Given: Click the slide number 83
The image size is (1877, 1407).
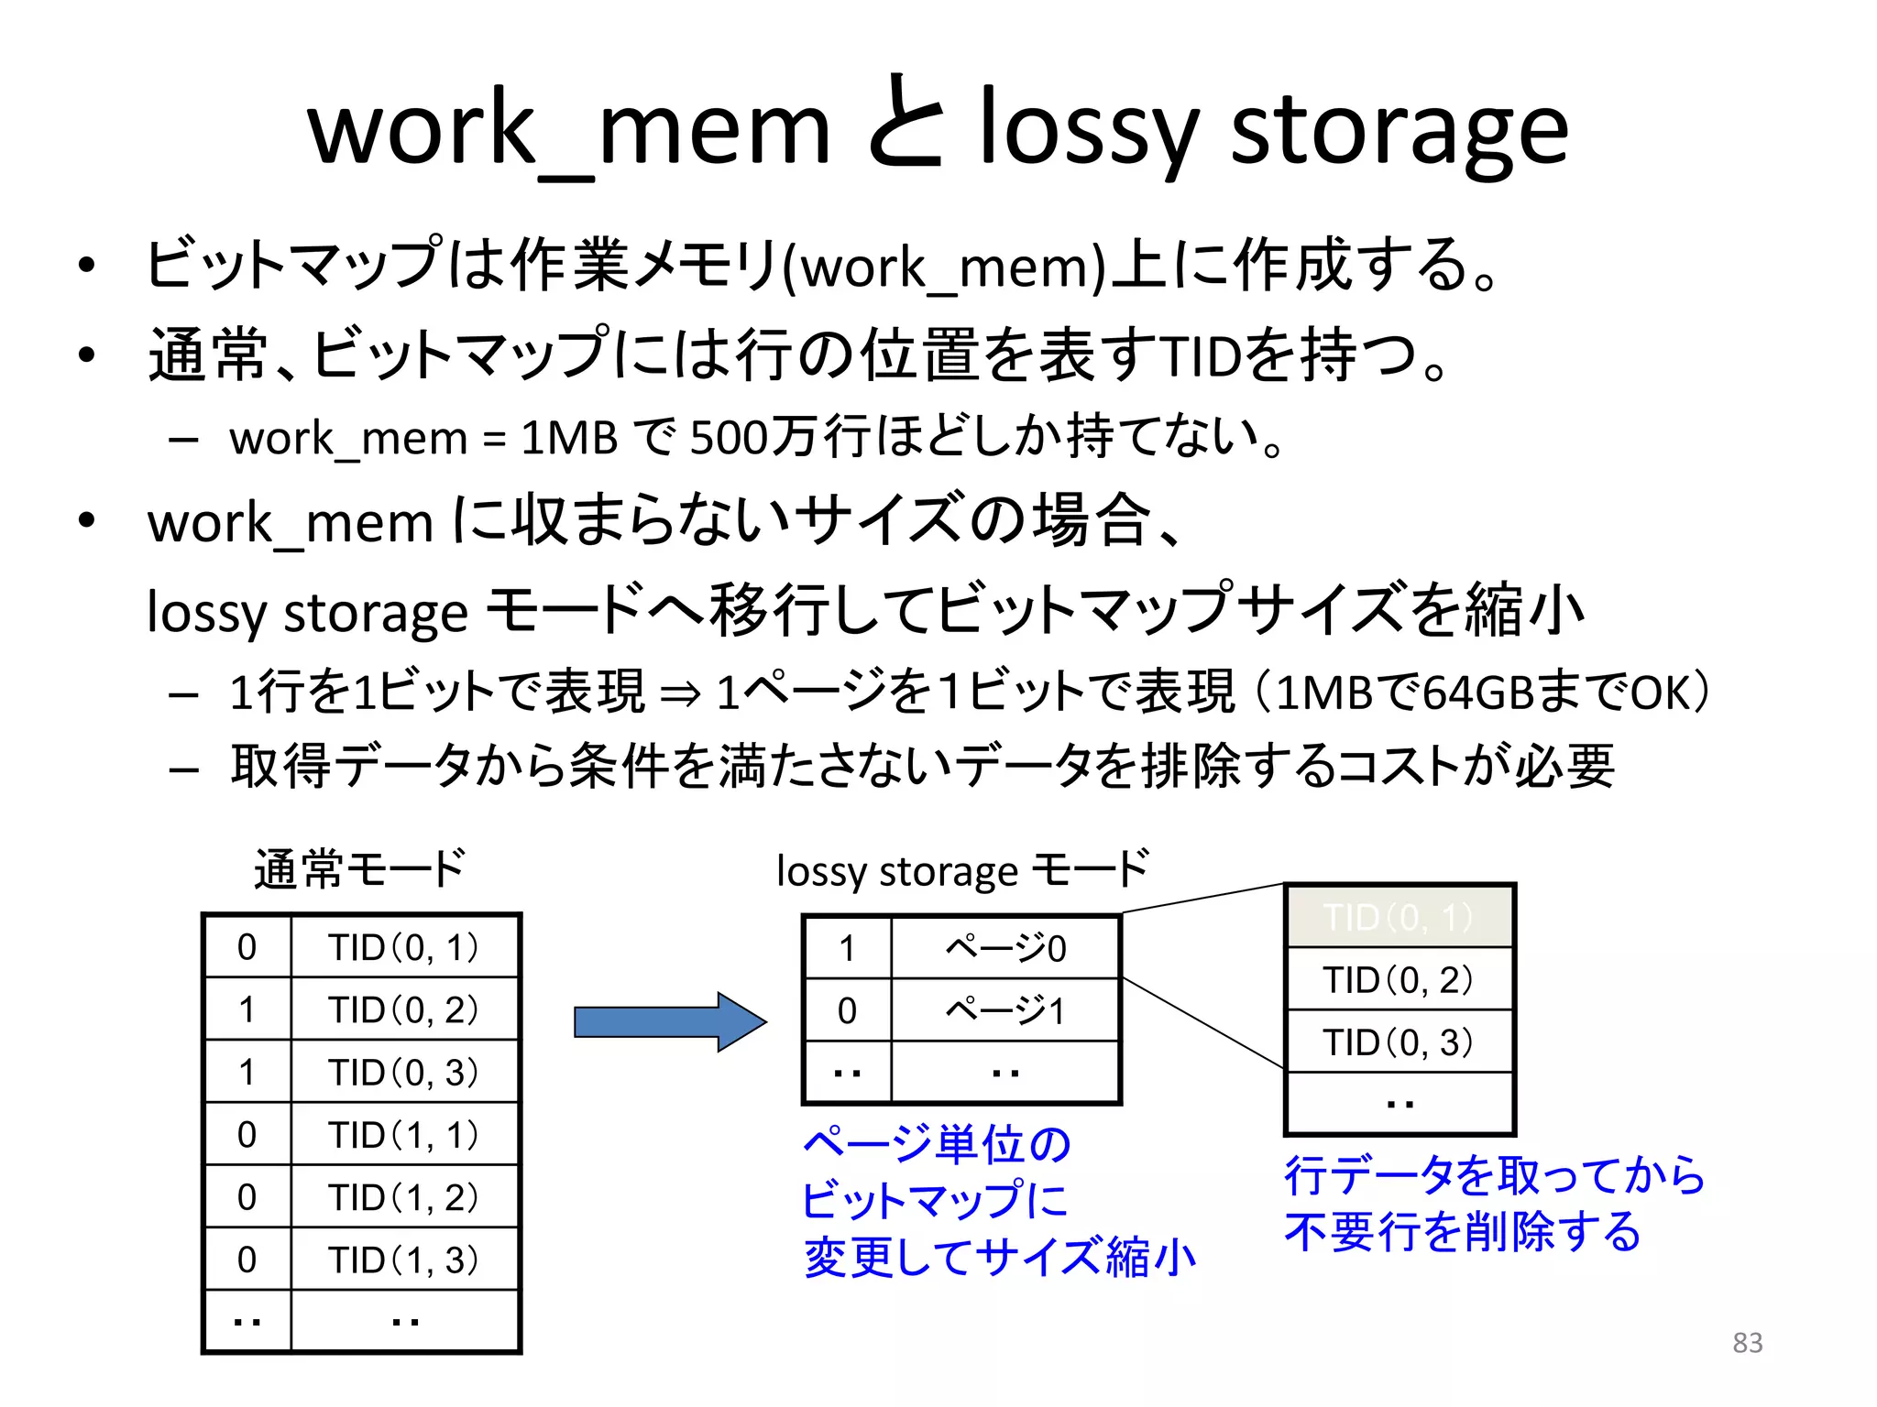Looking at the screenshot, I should coord(1747,1343).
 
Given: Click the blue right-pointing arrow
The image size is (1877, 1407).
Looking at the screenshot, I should coord(669,1021).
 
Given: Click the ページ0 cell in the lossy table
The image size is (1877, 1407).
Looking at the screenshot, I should coord(1005,948).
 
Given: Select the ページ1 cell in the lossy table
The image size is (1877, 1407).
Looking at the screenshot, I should coord(1005,1010).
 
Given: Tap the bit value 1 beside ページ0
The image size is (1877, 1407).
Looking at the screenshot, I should coord(847,948).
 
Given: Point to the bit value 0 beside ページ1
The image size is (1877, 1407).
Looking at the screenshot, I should coord(847,1010).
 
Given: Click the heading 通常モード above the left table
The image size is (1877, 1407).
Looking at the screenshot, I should coord(359,868).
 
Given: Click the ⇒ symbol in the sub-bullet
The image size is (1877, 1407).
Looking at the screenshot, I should coord(680,694).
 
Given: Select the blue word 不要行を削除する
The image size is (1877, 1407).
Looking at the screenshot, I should coord(1463,1232).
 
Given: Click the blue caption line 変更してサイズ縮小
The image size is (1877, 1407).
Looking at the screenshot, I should coord(999,1258).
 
